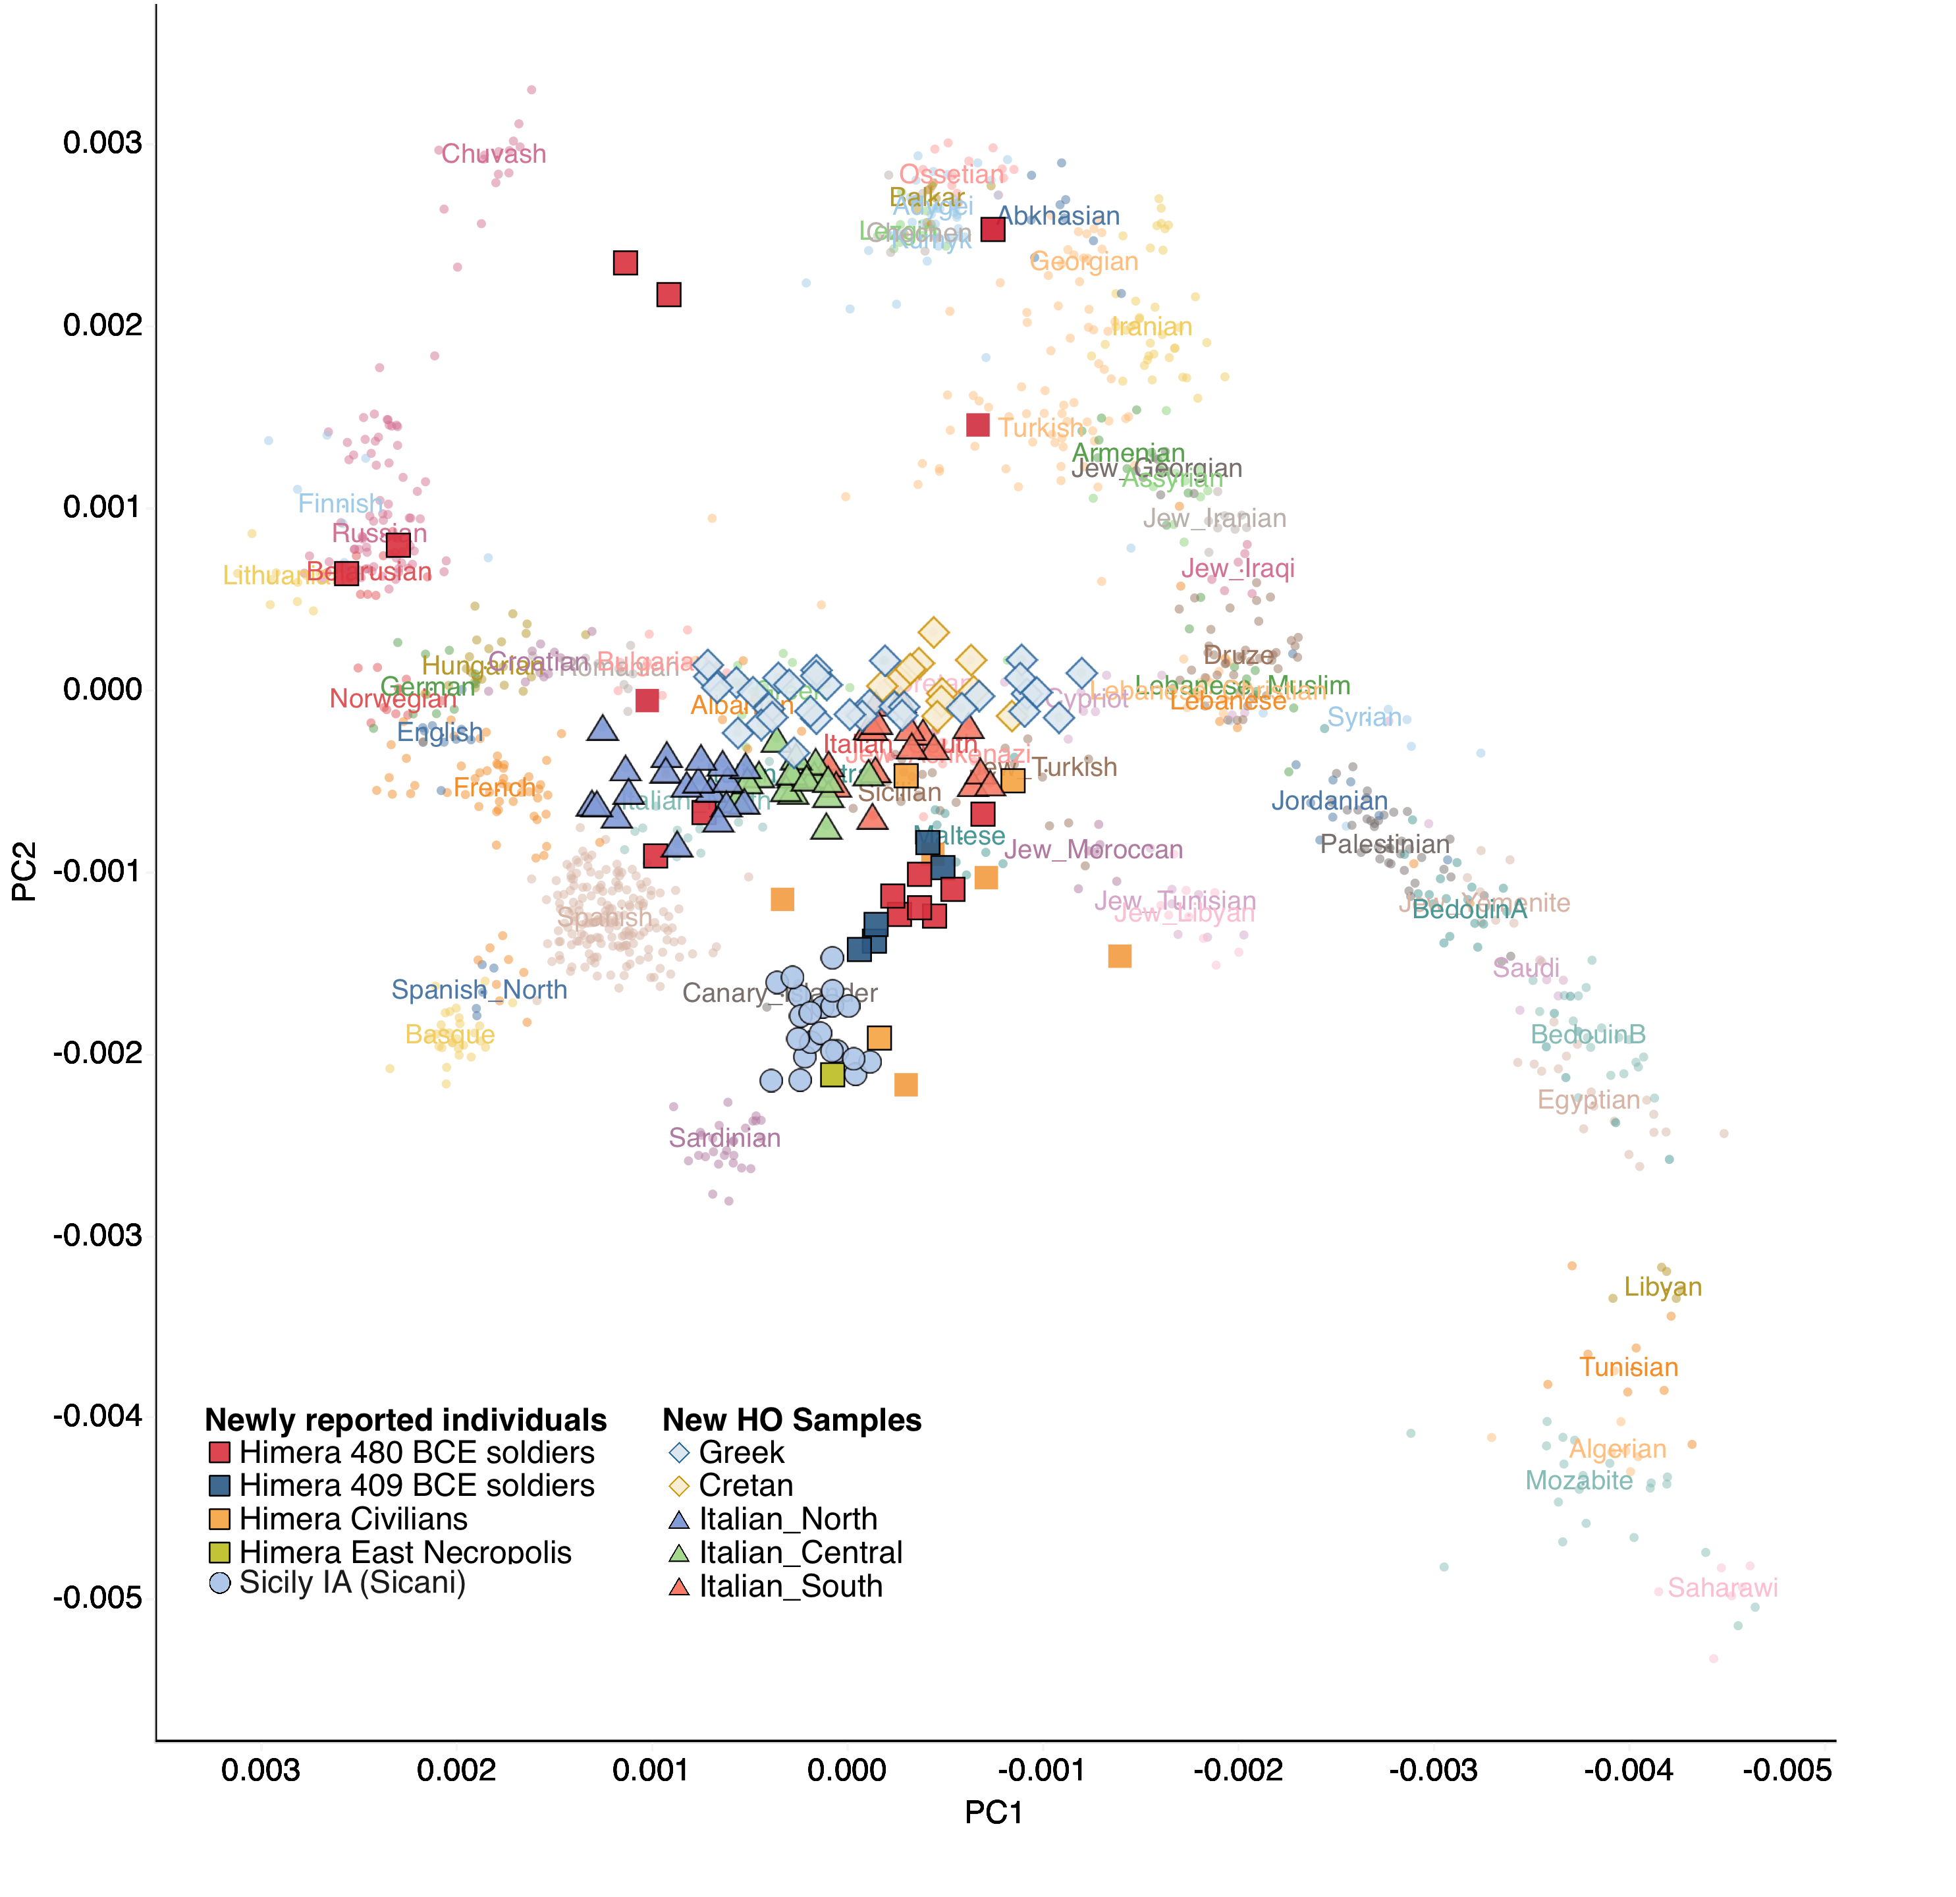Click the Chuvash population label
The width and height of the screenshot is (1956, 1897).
(x=494, y=153)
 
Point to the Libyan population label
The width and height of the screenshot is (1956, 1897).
(x=1662, y=1287)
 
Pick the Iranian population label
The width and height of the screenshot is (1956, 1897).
(x=1152, y=327)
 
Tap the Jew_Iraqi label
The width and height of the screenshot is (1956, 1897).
(x=1237, y=569)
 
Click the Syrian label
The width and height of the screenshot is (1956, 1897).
(x=1364, y=717)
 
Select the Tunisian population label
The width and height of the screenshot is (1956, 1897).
(x=1629, y=1367)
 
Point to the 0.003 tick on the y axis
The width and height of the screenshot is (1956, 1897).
(x=102, y=143)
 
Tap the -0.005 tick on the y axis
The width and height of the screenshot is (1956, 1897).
(x=97, y=1598)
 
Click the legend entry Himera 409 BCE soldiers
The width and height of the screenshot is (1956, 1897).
(x=416, y=1486)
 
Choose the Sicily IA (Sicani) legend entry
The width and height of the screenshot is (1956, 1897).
(x=352, y=1583)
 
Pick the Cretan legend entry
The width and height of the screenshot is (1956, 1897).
(x=746, y=1486)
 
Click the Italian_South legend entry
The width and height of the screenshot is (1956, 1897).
(x=790, y=1587)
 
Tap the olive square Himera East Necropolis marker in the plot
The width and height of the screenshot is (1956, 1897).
(x=832, y=1075)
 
